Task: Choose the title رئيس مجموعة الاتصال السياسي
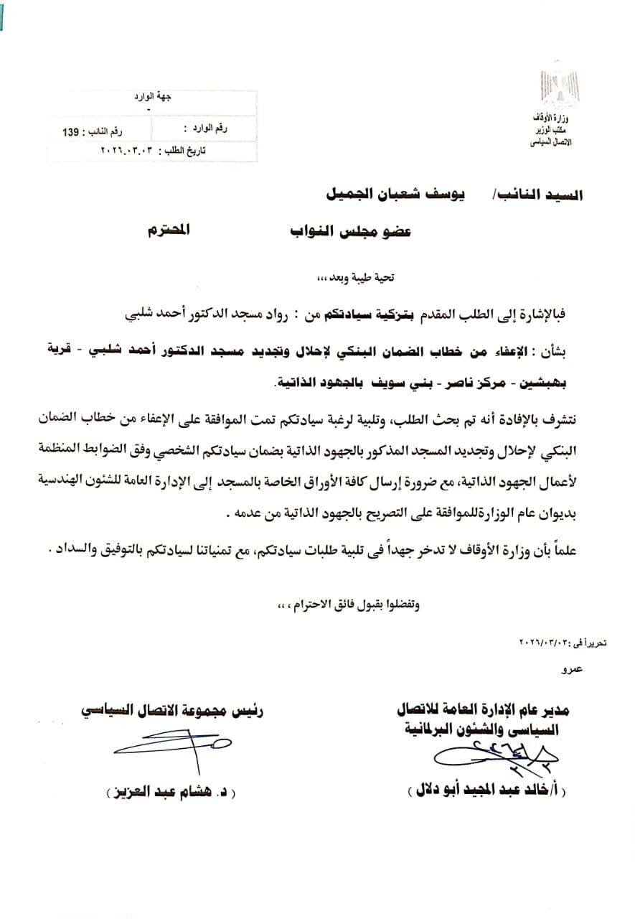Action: coord(172,712)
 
